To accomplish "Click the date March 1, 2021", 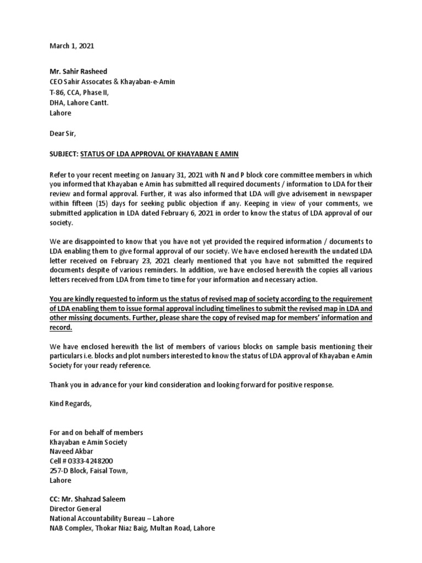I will coord(71,46).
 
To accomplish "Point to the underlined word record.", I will coord(60,327).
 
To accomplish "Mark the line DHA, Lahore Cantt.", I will coord(81,103).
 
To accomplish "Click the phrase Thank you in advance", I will coord(89,385).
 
